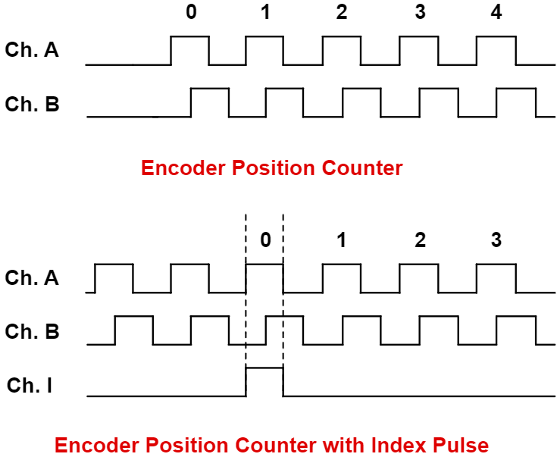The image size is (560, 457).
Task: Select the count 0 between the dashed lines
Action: [x=264, y=240]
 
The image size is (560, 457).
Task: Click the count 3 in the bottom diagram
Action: [x=496, y=240]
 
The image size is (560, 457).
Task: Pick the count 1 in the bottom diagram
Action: [x=342, y=240]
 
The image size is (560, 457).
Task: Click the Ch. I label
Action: [x=30, y=386]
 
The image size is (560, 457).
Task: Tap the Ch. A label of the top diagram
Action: [x=32, y=51]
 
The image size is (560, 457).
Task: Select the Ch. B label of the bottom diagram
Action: [x=32, y=332]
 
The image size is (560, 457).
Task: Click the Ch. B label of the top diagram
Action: [x=32, y=104]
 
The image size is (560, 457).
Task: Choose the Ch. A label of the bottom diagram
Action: [x=32, y=278]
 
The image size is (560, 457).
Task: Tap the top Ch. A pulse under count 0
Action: [x=189, y=50]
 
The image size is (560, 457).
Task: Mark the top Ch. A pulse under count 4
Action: [x=496, y=50]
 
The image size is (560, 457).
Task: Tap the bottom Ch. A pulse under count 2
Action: [x=418, y=277]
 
